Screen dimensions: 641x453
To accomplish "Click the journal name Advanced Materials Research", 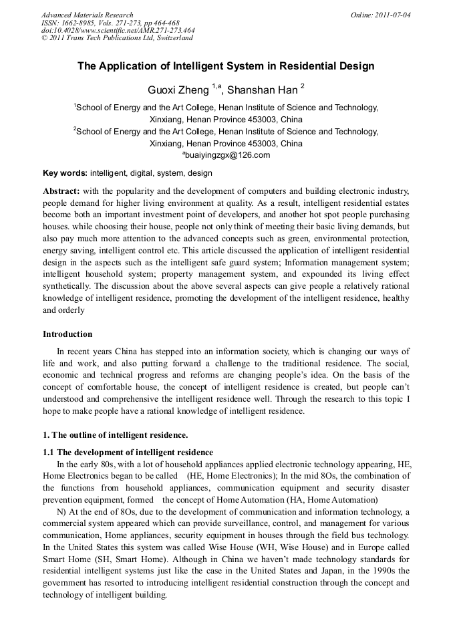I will tap(88, 15).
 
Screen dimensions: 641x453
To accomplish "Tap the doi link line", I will tap(118, 30).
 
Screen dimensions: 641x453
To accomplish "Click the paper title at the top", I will tap(226, 66).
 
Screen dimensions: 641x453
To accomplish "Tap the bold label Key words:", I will tap(65, 173).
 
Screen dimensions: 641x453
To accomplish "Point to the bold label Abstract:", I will tap(61, 190).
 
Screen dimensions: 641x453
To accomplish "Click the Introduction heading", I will tap(67, 334).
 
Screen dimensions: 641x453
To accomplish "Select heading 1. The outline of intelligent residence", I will tap(116, 435).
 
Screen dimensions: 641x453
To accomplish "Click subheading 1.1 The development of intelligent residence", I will tap(128, 453).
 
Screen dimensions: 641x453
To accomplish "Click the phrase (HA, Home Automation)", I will tap(323, 499).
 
